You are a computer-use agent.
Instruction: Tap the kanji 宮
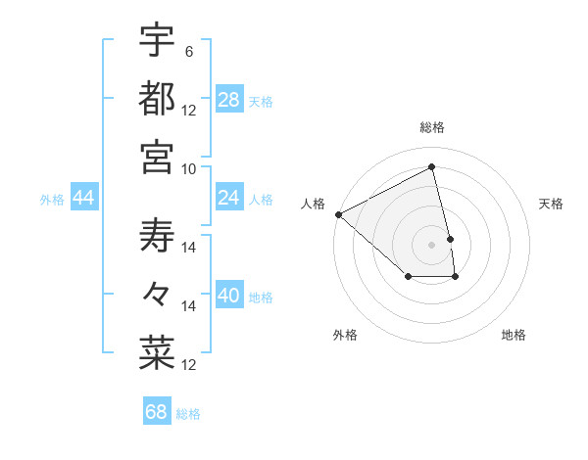[x=158, y=157]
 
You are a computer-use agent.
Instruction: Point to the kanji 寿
[x=158, y=236]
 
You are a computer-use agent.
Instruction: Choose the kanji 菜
[x=158, y=353]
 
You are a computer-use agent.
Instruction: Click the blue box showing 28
[x=229, y=99]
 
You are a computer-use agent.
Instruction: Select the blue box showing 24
[x=229, y=198]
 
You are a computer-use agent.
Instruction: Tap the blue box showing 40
[x=229, y=296]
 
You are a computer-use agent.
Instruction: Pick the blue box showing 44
[x=84, y=198]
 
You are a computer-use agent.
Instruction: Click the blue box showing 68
[x=157, y=412]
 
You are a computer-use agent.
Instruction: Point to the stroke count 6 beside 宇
[x=188, y=51]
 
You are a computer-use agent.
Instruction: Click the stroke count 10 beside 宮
[x=189, y=168]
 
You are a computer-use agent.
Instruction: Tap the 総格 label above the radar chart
[x=432, y=127]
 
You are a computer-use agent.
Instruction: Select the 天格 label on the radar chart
[x=552, y=204]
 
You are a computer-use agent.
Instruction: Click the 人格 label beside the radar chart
[x=313, y=204]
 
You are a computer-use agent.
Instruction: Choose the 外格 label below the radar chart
[x=345, y=335]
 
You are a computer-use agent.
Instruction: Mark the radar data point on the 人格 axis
[x=338, y=214]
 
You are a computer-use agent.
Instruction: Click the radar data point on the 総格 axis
[x=432, y=167]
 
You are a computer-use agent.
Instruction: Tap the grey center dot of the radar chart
[x=432, y=244]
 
